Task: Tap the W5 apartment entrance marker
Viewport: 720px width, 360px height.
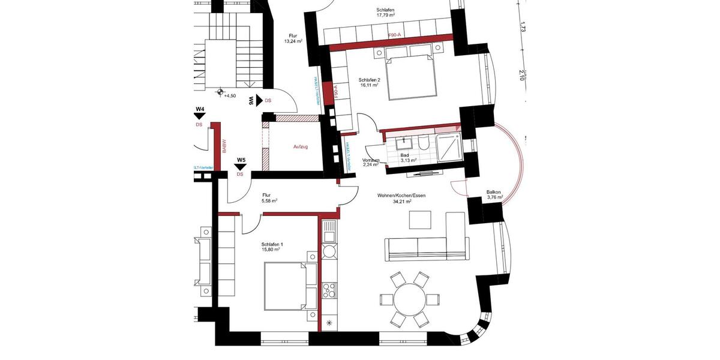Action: tap(241, 164)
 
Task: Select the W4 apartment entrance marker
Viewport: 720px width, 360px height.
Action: tap(200, 113)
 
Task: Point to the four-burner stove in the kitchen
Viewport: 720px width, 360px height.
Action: tap(329, 290)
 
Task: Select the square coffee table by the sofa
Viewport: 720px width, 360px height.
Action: tap(421, 221)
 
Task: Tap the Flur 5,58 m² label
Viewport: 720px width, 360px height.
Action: tap(268, 199)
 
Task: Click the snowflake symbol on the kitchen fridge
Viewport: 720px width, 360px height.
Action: tap(329, 324)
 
